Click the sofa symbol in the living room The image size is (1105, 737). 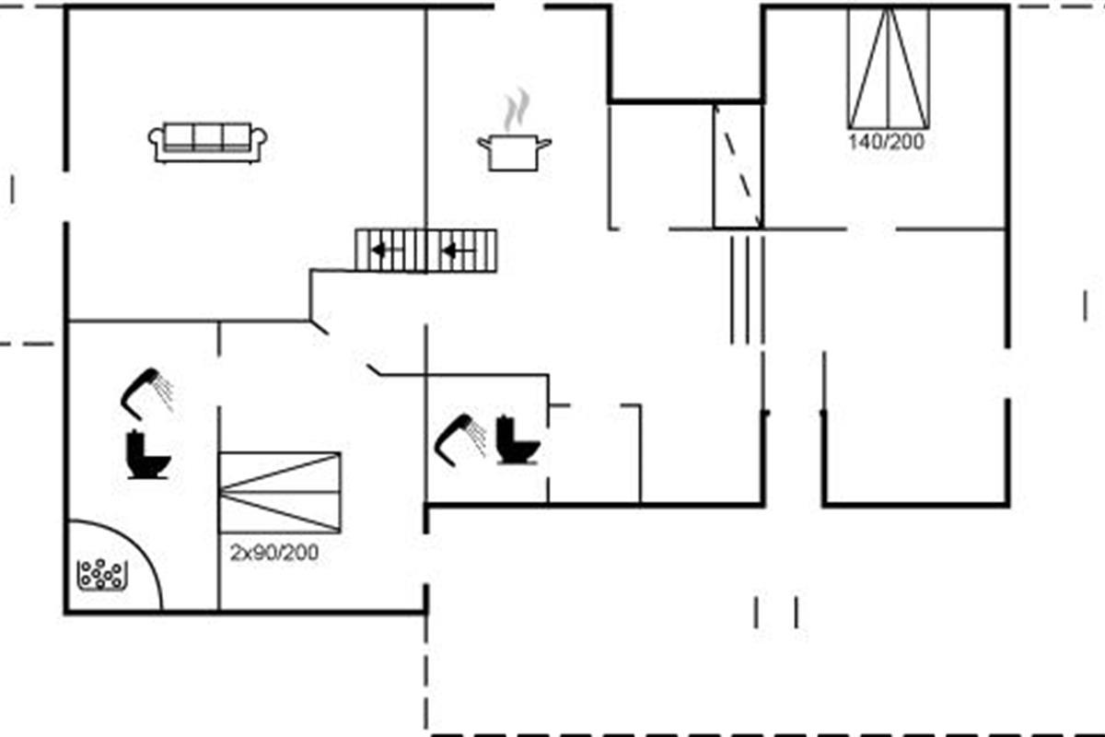pyautogui.click(x=208, y=143)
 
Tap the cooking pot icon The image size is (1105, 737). pyautogui.click(x=514, y=153)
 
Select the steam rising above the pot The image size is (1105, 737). pyautogui.click(x=516, y=110)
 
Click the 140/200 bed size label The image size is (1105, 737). pyautogui.click(x=887, y=142)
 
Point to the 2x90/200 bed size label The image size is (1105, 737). pyautogui.click(x=274, y=553)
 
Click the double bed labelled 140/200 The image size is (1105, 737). pyautogui.click(x=889, y=68)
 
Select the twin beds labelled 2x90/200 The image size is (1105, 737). pyautogui.click(x=280, y=493)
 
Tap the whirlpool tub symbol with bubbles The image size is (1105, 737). pyautogui.click(x=102, y=575)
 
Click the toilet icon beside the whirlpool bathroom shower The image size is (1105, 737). pyautogui.click(x=147, y=455)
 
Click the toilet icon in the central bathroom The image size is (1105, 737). pyautogui.click(x=518, y=440)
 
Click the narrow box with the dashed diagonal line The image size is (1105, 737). pyautogui.click(x=739, y=166)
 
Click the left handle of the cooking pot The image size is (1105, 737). pyautogui.click(x=483, y=143)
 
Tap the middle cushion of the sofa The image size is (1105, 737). pyautogui.click(x=208, y=136)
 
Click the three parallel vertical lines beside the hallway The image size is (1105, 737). pyautogui.click(x=748, y=290)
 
